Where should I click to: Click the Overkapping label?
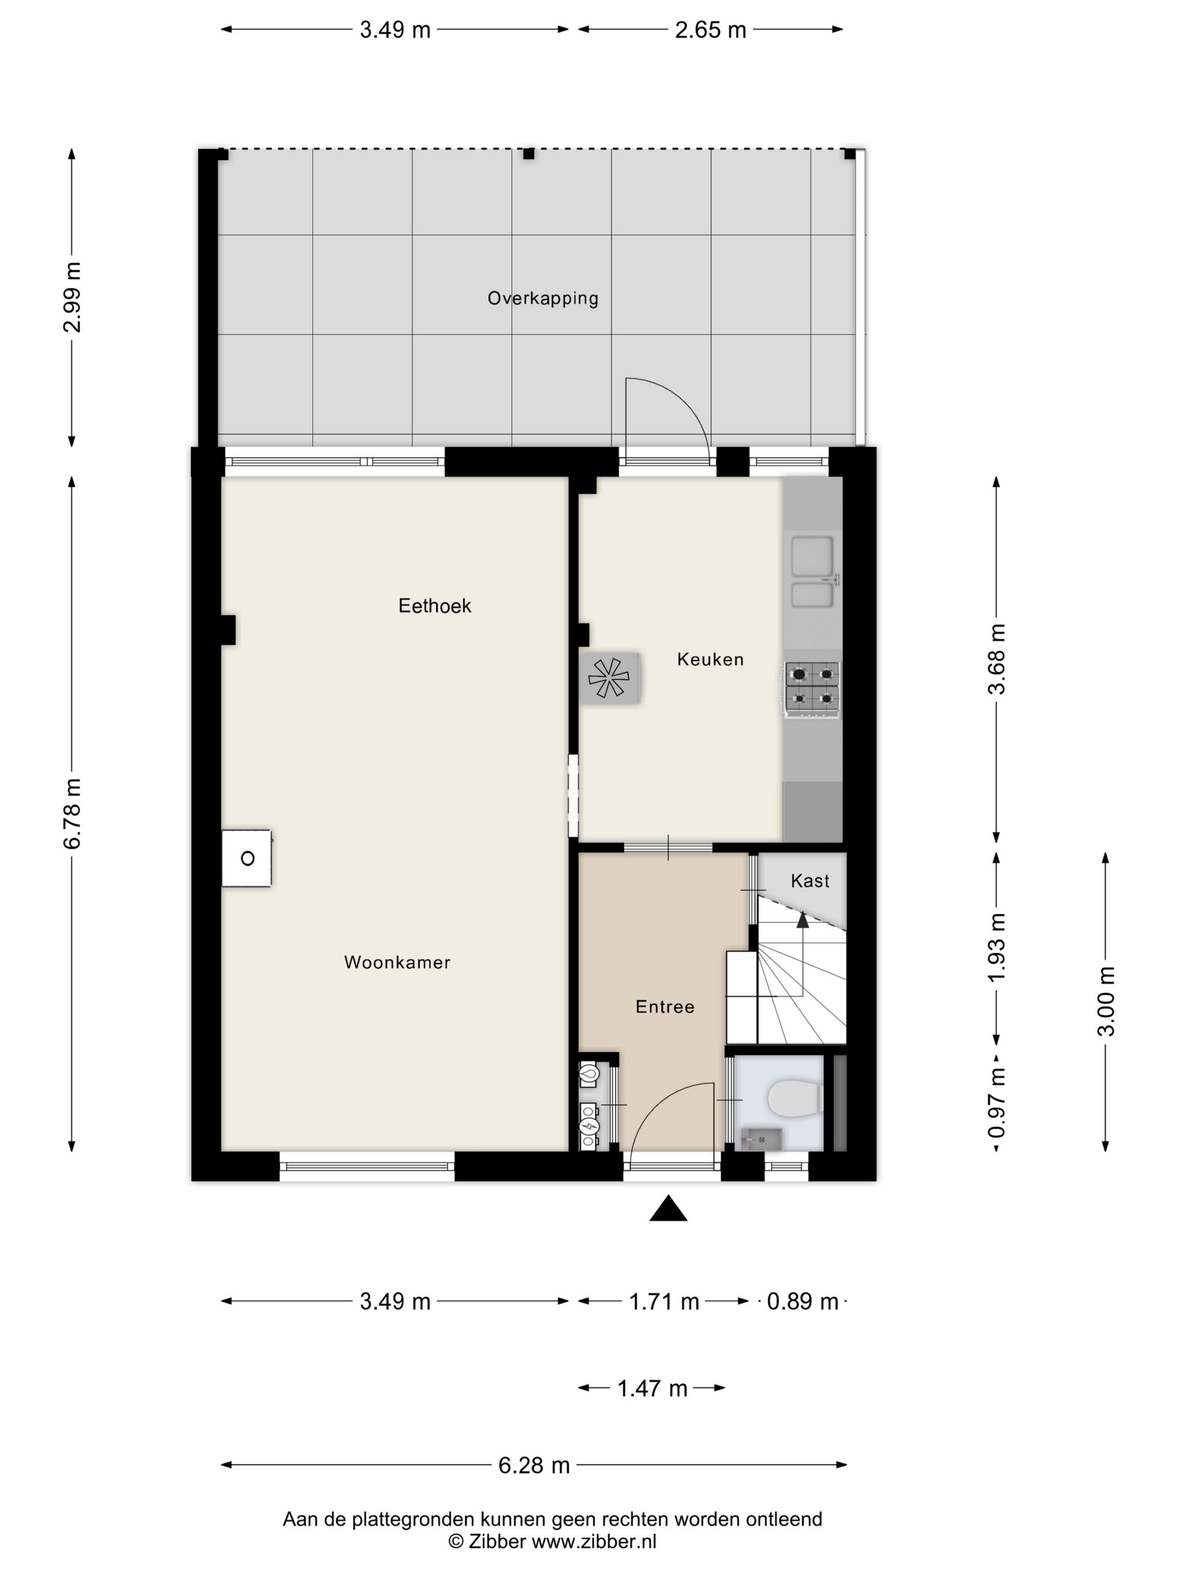(x=543, y=298)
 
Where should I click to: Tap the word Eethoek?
(x=435, y=605)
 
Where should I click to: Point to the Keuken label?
(x=710, y=659)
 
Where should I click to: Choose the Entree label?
(x=665, y=1006)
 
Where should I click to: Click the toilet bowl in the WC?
(x=795, y=1099)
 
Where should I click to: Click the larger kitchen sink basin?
(x=812, y=556)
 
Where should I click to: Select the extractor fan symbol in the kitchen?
(x=609, y=677)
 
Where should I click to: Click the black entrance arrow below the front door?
(x=668, y=1208)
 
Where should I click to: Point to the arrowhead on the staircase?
(x=803, y=920)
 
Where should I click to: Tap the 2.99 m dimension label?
(x=72, y=297)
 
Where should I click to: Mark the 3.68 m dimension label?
(x=997, y=659)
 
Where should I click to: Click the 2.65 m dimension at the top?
(x=710, y=30)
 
